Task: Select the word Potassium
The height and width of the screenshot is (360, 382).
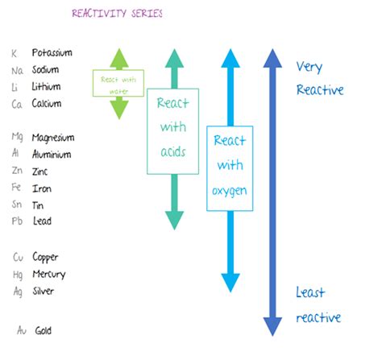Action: click(52, 53)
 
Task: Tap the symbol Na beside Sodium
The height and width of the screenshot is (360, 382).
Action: click(17, 70)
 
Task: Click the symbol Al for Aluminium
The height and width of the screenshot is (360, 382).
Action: click(17, 155)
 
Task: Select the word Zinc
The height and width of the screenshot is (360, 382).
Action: click(41, 172)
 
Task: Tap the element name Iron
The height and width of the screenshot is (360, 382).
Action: click(42, 188)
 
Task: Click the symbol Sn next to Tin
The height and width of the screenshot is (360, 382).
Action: click(17, 205)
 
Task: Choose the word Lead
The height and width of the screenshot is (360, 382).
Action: click(43, 222)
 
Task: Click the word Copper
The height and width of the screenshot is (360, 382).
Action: click(47, 258)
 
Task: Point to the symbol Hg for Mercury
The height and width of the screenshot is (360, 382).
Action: click(17, 275)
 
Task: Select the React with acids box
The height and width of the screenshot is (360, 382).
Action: click(173, 131)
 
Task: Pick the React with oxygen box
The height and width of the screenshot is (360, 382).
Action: click(230, 168)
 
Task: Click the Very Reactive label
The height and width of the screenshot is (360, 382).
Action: click(320, 78)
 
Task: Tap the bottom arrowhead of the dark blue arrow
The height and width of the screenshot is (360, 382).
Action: click(273, 325)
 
